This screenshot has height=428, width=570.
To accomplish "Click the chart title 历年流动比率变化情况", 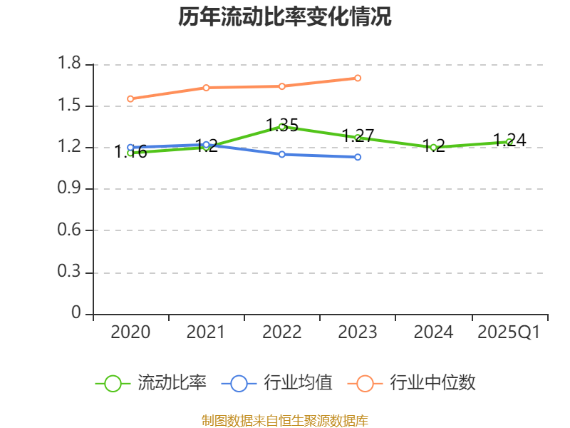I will pos(285,17).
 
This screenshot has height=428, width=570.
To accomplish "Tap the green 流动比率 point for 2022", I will pos(282,126).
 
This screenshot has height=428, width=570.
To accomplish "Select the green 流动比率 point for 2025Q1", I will pos(509,141).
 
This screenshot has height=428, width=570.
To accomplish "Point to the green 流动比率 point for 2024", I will pos(433,148).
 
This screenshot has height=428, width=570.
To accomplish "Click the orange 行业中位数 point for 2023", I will pos(358,78).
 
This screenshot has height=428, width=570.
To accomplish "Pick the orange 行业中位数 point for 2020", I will pos(130,98).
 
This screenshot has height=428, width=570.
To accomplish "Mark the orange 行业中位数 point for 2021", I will pos(206,88).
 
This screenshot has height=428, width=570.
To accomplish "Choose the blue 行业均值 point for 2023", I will pos(358,157).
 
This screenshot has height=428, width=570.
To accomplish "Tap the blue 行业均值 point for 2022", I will pos(282,154).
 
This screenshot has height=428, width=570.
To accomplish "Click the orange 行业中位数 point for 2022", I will pos(282,86).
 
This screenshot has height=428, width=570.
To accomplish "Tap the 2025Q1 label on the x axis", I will pos(509,332).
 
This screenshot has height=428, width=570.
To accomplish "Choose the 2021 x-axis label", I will pos(206,332).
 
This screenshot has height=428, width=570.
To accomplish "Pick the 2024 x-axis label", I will pos(433,332).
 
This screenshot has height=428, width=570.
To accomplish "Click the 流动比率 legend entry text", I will pos(172,383).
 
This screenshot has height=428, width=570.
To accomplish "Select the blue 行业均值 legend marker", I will pos(239,383).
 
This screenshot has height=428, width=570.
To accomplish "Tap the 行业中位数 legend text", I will pos(432,383).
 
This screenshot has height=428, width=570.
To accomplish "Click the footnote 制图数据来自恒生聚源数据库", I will pos(285,420).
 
